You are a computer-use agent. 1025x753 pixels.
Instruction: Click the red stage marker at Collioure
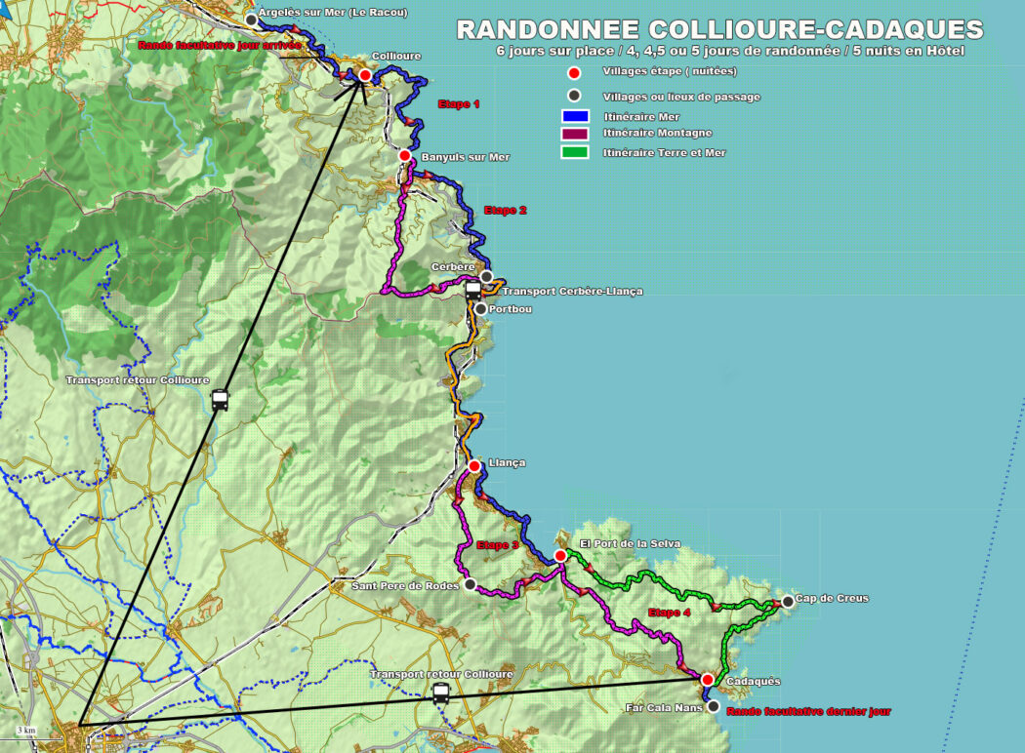click(x=365, y=75)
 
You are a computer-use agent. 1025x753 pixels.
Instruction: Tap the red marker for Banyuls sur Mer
click(x=405, y=155)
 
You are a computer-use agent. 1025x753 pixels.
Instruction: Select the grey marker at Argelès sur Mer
click(x=252, y=20)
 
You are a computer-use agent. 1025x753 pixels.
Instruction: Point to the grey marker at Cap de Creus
click(x=788, y=601)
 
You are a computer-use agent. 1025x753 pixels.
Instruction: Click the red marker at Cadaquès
click(x=707, y=680)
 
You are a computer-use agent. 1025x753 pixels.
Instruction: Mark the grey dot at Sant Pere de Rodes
click(x=470, y=584)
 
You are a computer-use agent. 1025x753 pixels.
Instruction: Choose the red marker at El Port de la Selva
click(x=560, y=556)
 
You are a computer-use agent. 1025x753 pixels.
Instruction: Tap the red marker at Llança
click(x=474, y=465)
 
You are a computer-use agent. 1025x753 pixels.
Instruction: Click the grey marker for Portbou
click(x=480, y=309)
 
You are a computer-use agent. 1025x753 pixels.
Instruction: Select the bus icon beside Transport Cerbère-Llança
click(x=473, y=290)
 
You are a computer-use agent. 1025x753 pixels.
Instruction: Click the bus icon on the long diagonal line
click(x=220, y=400)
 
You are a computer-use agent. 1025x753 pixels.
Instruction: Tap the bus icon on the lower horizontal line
click(x=441, y=693)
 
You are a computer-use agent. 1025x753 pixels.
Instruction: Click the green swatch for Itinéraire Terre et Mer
click(x=575, y=152)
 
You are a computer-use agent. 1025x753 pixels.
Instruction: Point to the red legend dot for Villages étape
click(x=575, y=72)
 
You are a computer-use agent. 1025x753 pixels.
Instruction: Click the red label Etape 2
click(x=505, y=210)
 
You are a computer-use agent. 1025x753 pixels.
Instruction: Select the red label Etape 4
click(x=670, y=613)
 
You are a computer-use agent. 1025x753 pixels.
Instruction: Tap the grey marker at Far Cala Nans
click(x=713, y=706)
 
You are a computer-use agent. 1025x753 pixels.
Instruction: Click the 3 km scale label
click(x=26, y=730)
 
